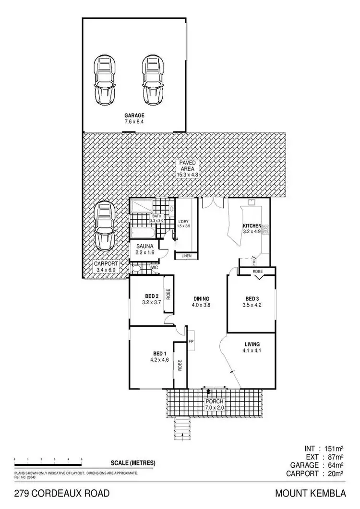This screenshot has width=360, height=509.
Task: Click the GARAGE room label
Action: point(134,116)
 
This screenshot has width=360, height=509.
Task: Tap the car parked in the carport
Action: point(104,225)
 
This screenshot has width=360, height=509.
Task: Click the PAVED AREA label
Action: point(188,166)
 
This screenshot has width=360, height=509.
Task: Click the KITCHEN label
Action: point(252,226)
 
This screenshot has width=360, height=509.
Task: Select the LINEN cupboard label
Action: point(186,256)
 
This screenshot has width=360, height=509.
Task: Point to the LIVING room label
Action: point(252,344)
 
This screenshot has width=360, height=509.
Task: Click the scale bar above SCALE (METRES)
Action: point(48,461)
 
